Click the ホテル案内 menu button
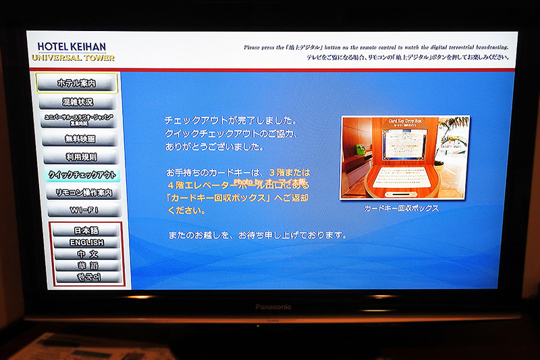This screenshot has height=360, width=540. [76, 84]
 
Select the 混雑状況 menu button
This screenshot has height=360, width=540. [78, 102]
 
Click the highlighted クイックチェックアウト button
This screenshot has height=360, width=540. [82, 175]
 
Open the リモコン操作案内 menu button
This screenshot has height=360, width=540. [84, 193]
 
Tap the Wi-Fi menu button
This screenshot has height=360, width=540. [84, 211]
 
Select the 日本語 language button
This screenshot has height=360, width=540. [86, 231]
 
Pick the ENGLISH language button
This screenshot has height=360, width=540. [86, 242]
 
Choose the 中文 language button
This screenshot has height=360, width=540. [87, 254]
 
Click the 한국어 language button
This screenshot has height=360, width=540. [88, 277]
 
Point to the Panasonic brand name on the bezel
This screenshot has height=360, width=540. [273, 307]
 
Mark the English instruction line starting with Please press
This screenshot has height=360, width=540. [375, 48]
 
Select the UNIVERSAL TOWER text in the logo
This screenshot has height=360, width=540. [73, 58]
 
